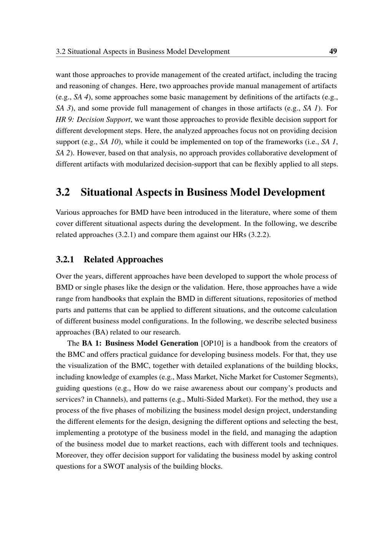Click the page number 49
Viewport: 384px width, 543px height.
333,51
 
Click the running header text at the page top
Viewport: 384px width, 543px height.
143,51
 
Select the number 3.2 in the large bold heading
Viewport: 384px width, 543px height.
63,192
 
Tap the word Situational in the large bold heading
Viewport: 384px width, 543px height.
107,192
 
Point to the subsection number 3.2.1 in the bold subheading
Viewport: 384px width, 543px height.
65,260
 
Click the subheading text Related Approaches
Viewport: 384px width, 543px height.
123,260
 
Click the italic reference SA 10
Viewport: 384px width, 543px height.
109,142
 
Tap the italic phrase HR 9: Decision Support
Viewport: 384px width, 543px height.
93,119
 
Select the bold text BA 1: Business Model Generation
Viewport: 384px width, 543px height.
140,343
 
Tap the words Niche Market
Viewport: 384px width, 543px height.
239,377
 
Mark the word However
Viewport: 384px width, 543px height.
91,153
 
